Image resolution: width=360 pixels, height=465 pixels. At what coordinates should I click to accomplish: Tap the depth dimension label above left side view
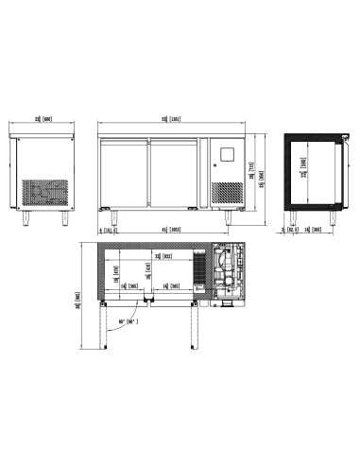tap(43, 120)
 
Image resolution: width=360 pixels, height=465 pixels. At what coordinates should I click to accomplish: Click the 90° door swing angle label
tap(129, 320)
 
